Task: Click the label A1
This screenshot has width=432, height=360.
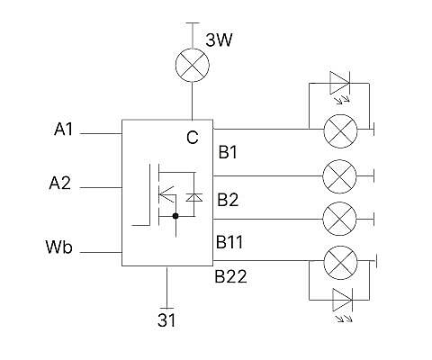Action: click(x=63, y=130)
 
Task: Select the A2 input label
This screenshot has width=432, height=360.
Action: click(x=60, y=183)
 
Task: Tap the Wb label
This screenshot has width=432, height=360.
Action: click(x=58, y=247)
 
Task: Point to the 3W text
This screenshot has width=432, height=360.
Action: click(x=219, y=40)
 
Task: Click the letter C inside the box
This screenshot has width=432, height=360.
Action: click(x=193, y=138)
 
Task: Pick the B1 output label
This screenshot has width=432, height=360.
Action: click(x=228, y=152)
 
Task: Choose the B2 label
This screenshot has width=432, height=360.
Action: click(x=228, y=200)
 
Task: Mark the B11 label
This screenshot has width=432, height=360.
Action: click(x=229, y=242)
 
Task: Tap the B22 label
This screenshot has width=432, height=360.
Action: click(x=230, y=276)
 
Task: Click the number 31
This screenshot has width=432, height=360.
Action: click(x=166, y=320)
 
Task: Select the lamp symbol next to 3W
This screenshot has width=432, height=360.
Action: click(x=193, y=65)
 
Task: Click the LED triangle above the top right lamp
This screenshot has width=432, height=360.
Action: click(x=340, y=83)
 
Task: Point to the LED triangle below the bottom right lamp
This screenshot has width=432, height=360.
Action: click(x=343, y=300)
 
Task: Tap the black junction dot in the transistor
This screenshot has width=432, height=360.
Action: click(x=175, y=216)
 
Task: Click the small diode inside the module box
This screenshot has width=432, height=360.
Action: click(x=193, y=197)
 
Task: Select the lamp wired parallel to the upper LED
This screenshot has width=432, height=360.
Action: click(x=340, y=131)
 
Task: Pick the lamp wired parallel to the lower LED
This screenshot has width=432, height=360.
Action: click(x=340, y=263)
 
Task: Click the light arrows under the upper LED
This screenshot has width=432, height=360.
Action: click(x=343, y=100)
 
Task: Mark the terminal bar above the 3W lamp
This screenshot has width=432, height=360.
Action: click(x=193, y=22)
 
